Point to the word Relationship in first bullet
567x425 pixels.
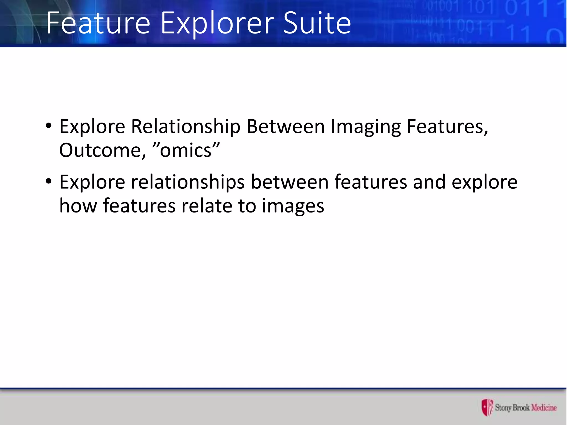pyautogui.click(x=185, y=127)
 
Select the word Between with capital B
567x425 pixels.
pyautogui.click(x=285, y=127)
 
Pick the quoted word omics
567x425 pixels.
pyautogui.click(x=186, y=151)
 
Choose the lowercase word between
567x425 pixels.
pyautogui.click(x=290, y=182)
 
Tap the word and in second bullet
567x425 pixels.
pyautogui.click(x=429, y=182)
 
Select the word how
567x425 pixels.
pyautogui.click(x=78, y=206)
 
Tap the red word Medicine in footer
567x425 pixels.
pyautogui.click(x=544, y=408)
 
